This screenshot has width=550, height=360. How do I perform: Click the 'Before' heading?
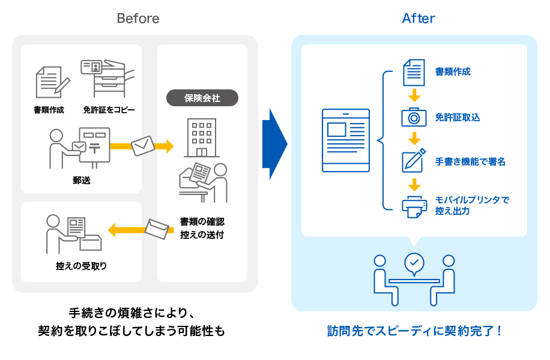point(138,19)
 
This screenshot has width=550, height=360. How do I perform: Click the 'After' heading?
point(419,19)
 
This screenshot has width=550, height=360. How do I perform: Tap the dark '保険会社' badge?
point(202,98)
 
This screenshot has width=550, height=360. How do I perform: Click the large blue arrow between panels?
point(274,144)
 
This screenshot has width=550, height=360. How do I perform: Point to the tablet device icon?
point(345,140)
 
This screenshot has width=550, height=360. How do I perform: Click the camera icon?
point(414,117)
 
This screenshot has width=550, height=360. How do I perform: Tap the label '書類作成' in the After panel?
point(453,72)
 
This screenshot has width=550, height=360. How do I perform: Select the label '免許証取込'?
point(457,118)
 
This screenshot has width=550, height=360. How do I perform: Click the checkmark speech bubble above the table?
point(414,263)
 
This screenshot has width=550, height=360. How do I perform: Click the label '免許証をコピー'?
point(109,110)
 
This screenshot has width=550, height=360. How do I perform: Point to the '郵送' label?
point(81,179)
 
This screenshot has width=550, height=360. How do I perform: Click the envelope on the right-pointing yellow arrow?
point(143,145)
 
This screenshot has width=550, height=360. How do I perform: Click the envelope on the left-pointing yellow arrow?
point(158,229)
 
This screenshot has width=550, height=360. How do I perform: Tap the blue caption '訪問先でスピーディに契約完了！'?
point(414,331)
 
